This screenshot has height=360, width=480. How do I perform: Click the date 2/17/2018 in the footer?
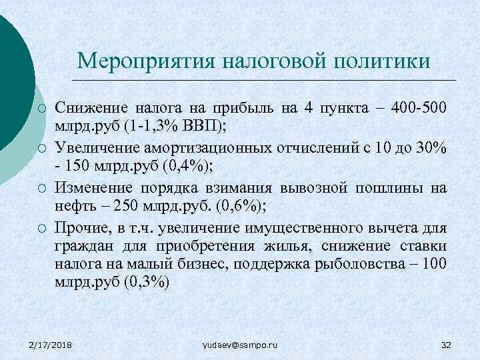(x=51, y=345)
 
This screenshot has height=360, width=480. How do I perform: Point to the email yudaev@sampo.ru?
(x=239, y=345)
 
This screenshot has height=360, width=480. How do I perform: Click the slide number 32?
(x=447, y=345)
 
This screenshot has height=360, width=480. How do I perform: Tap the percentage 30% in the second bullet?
(x=431, y=147)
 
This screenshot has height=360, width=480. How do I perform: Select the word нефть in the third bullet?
(x=74, y=205)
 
